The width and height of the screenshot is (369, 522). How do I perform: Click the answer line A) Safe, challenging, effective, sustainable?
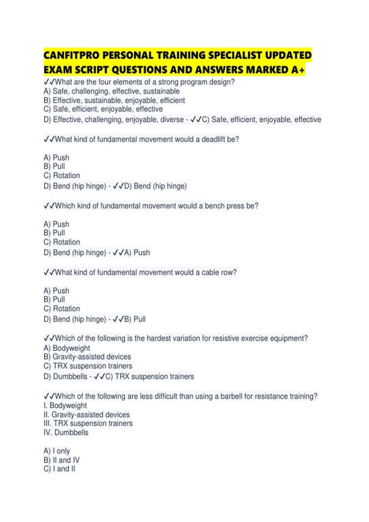112,91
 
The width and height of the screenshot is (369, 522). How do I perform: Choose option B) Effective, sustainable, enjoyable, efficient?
114,100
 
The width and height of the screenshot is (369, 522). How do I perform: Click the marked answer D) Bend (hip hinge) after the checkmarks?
155,186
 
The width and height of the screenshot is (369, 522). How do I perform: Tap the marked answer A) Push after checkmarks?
137,253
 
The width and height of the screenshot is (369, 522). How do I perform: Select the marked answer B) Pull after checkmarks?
135,319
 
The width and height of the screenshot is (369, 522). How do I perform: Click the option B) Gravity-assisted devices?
87,357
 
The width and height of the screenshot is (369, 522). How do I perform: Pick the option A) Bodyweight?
67,348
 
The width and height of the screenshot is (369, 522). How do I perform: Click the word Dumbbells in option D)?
70,376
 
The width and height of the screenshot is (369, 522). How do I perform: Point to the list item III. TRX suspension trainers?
88,423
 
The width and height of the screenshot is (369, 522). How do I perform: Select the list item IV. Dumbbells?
66,433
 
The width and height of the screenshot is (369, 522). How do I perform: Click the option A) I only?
57,451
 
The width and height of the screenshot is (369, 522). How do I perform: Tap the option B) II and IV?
61,460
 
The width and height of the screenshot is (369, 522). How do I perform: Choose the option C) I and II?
59,469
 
